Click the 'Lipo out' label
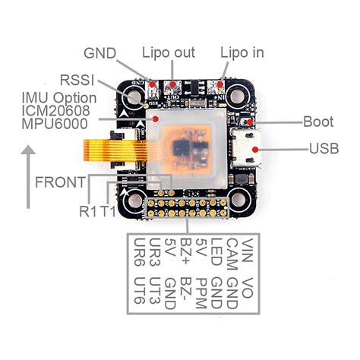pyautogui.click(x=169, y=52)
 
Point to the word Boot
pyautogui.click(x=317, y=122)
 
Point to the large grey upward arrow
pyautogui.click(x=28, y=178)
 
